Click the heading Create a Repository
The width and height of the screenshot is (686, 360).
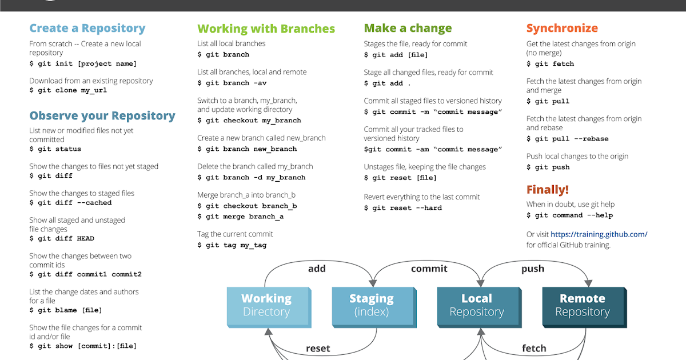pyautogui.click(x=87, y=28)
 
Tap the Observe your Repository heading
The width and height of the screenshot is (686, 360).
pyautogui.click(x=102, y=116)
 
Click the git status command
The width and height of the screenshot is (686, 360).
pyautogui.click(x=55, y=149)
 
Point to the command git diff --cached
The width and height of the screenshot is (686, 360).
pyautogui.click(x=70, y=203)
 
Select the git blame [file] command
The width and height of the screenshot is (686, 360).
pyautogui.click(x=66, y=310)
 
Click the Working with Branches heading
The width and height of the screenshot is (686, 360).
pyautogui.click(x=266, y=29)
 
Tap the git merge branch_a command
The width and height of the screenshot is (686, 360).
pyautogui.click(x=241, y=217)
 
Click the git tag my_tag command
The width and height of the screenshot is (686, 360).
pyautogui.click(x=232, y=245)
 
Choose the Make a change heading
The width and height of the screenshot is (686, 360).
pyautogui.click(x=408, y=28)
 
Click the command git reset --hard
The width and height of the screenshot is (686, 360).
pyautogui.click(x=402, y=208)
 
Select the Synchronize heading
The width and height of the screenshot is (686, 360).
pyautogui.click(x=562, y=28)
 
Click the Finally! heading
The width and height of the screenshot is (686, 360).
pyautogui.click(x=547, y=190)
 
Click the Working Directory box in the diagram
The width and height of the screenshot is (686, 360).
pyautogui.click(x=266, y=305)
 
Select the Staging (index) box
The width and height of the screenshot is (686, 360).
pyautogui.click(x=372, y=305)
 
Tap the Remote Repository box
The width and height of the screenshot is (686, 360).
pyautogui.click(x=582, y=305)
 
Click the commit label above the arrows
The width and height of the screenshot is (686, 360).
pyautogui.click(x=429, y=269)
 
